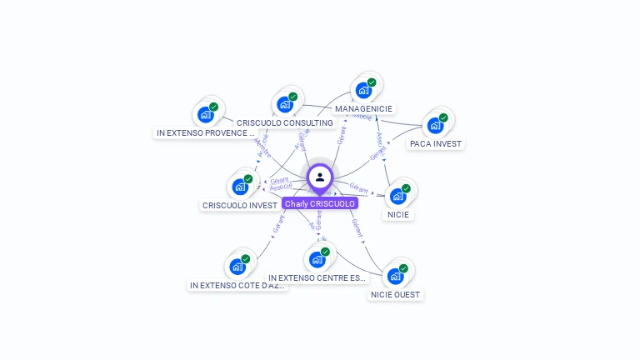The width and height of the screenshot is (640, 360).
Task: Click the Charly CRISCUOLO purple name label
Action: pyautogui.click(x=320, y=203)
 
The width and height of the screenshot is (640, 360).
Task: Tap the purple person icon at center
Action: pyautogui.click(x=320, y=177)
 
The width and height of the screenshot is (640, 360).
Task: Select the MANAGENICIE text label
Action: pyautogui.click(x=363, y=108)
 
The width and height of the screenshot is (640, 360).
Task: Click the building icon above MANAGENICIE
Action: pyautogui.click(x=363, y=90)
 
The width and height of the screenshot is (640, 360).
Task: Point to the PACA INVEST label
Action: pyautogui.click(x=435, y=143)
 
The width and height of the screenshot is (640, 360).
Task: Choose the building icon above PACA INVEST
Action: pyautogui.click(x=435, y=126)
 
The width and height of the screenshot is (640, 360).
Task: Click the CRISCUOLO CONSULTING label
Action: pyautogui.click(x=285, y=122)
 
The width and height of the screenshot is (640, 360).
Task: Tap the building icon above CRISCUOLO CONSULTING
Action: pyautogui.click(x=285, y=104)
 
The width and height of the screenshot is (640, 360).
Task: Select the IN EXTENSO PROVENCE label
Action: pyautogui.click(x=205, y=132)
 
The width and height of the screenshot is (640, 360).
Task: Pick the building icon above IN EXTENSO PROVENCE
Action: pyautogui.click(x=205, y=114)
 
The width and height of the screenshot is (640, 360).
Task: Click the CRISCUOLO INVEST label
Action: pyautogui.click(x=240, y=205)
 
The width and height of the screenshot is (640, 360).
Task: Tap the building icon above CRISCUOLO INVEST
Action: pyautogui.click(x=240, y=187)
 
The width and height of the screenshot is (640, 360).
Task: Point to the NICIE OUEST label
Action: pyautogui.click(x=396, y=294)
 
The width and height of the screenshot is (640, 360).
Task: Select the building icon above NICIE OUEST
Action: pyautogui.click(x=395, y=276)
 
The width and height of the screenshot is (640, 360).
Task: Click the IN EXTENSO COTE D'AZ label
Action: pyautogui.click(x=237, y=285)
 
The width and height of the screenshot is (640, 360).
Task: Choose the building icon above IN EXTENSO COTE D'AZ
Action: pyautogui.click(x=237, y=267)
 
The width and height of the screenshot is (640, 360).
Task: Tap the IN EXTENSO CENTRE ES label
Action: pyautogui.click(x=317, y=277)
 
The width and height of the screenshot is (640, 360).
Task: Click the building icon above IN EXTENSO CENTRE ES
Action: pyautogui.click(x=317, y=259)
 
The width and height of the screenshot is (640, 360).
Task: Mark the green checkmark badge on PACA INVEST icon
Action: pyautogui.click(x=443, y=118)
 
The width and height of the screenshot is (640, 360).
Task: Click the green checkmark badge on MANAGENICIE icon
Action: pyautogui.click(x=372, y=82)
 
